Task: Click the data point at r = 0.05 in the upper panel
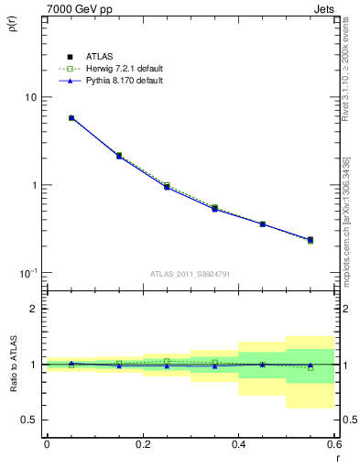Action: point(71,118)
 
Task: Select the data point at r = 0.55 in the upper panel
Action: point(311,240)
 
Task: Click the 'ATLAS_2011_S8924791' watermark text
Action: point(190,273)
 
